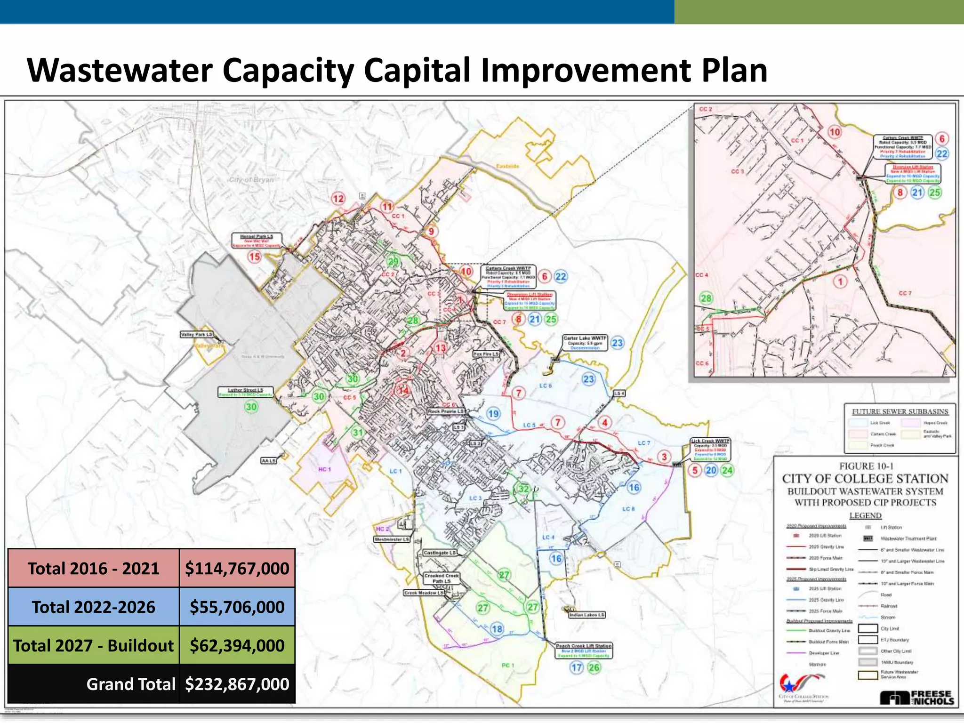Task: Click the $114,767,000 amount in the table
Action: point(237,569)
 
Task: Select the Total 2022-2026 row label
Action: point(93,607)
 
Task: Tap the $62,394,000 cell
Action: point(237,646)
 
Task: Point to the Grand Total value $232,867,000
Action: point(237,684)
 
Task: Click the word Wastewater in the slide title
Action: point(120,71)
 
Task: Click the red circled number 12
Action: point(338,199)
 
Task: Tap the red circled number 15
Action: point(255,257)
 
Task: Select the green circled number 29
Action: point(393,262)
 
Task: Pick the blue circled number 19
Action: point(493,414)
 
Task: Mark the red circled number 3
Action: point(664,457)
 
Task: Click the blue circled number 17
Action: point(577,667)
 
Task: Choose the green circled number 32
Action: point(524,489)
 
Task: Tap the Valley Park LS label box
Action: point(197,334)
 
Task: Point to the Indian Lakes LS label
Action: point(587,615)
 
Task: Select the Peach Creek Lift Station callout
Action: point(584,651)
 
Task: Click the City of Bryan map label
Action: point(251,180)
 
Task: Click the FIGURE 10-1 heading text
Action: point(866,466)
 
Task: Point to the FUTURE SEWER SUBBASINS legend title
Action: point(900,411)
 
